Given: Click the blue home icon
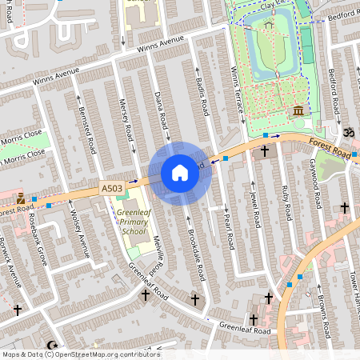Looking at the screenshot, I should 180,173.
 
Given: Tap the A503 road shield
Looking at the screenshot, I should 112,188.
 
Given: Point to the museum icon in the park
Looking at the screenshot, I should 298,110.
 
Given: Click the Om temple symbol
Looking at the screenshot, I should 348,130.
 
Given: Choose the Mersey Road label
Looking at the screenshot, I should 123,115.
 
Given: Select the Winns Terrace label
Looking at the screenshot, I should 236,90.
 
